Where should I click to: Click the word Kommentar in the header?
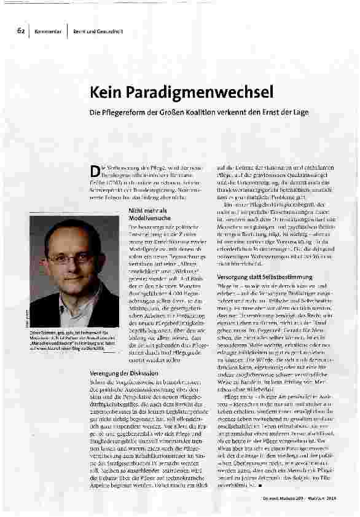[47, 31]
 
